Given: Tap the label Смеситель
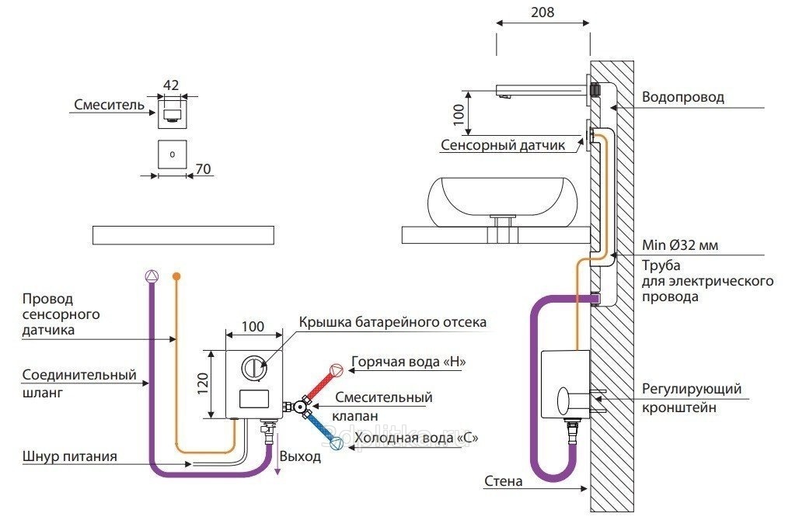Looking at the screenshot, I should click(x=110, y=105).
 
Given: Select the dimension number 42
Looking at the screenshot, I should click(x=172, y=85).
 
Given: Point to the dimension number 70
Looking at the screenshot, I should click(x=204, y=169).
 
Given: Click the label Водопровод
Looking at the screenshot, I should click(x=682, y=98).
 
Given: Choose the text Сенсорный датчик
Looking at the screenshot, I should click(x=508, y=144).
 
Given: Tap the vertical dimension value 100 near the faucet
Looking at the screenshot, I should click(x=459, y=114).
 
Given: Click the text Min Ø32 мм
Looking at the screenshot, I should click(x=679, y=245).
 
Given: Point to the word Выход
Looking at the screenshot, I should click(x=300, y=456).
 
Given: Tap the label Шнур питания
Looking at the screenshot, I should click(x=70, y=456).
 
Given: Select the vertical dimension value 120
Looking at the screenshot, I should click(x=201, y=383).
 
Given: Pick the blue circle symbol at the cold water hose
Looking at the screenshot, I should click(x=337, y=445).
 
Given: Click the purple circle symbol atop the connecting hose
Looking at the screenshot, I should click(x=152, y=276).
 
